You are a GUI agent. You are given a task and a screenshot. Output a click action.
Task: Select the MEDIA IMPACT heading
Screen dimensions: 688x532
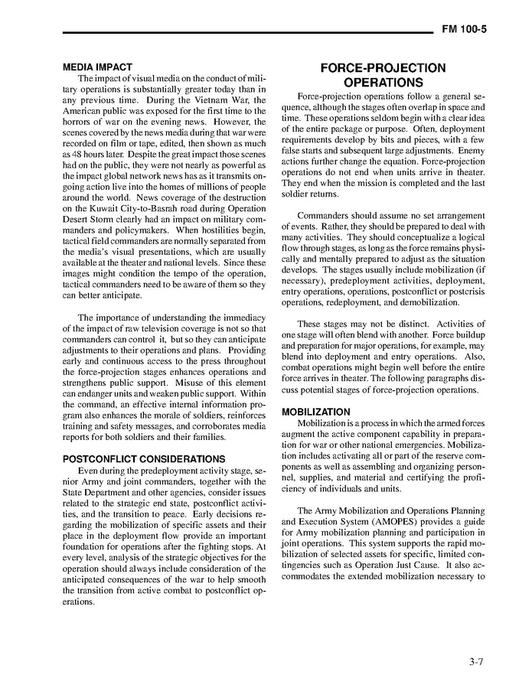97,67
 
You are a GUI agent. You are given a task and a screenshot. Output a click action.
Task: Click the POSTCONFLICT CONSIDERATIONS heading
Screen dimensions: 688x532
144,459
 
